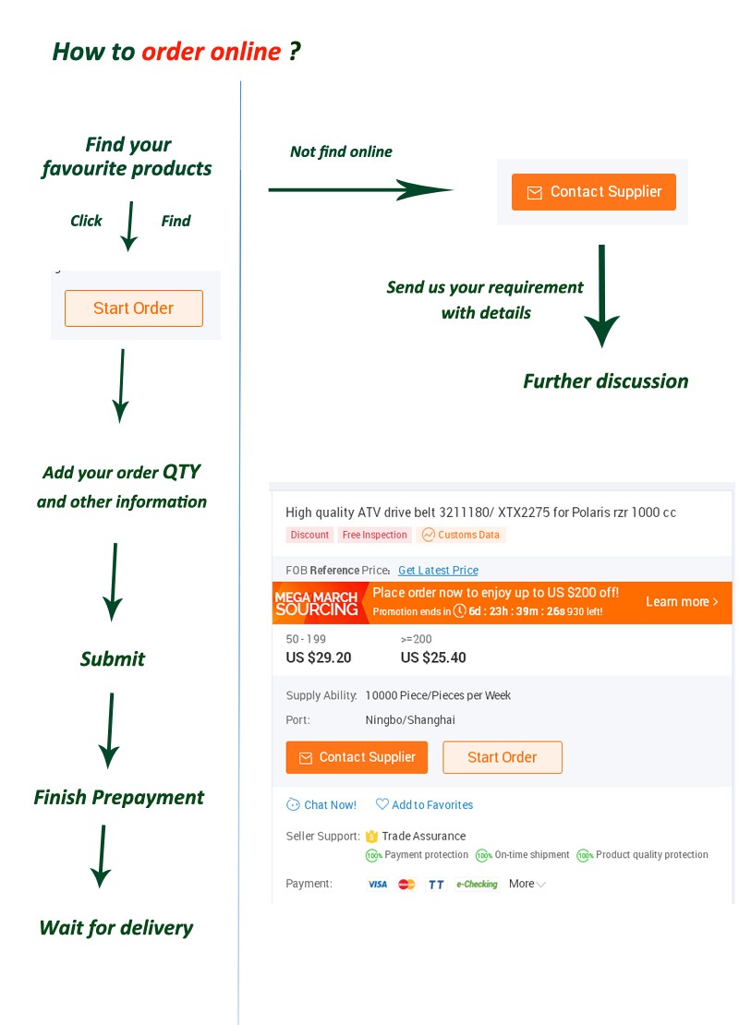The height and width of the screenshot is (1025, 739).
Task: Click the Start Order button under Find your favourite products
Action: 133,308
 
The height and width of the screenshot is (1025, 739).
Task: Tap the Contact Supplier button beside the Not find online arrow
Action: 593,192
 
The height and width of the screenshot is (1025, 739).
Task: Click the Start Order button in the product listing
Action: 502,757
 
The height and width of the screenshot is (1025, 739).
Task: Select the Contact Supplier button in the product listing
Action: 357,757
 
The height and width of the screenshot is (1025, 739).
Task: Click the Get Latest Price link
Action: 438,571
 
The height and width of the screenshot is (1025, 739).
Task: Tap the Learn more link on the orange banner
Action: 682,602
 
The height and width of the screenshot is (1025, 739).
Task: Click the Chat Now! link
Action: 321,805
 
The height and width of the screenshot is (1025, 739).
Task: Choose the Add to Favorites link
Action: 425,805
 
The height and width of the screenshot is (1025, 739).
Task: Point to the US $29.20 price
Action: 319,657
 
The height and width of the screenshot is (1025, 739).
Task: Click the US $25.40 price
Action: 433,657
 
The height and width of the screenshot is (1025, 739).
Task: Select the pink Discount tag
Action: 309,535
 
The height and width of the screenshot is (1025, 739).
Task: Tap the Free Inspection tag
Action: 374,535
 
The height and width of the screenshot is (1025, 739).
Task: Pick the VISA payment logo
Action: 377,885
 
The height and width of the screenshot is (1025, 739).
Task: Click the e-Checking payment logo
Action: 477,885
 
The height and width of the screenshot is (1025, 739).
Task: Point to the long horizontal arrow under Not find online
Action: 360,190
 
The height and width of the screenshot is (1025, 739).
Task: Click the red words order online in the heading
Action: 211,52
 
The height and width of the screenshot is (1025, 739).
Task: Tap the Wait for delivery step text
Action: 116,928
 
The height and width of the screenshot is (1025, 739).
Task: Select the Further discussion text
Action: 605,381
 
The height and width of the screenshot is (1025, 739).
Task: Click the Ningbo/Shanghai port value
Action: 410,720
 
